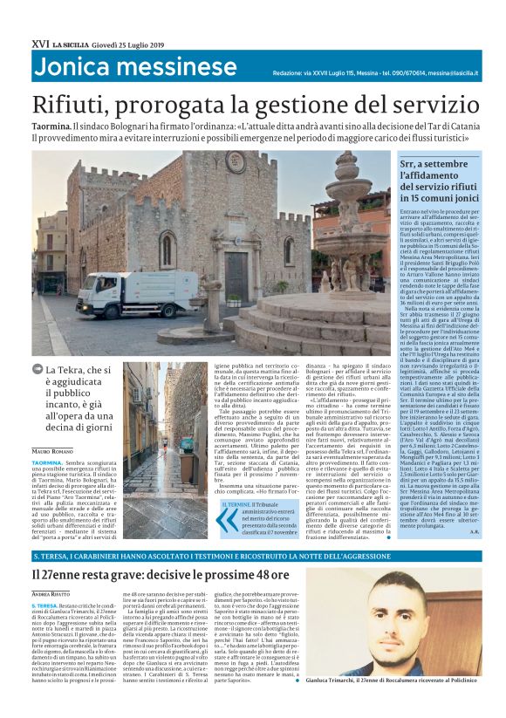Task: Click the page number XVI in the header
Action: tap(39, 43)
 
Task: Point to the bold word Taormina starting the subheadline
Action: tap(54, 126)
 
